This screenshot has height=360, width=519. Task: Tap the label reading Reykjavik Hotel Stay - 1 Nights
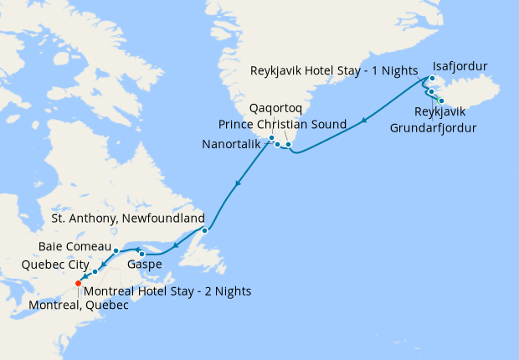click(x=336, y=72)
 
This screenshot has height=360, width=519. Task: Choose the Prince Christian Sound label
click(x=283, y=124)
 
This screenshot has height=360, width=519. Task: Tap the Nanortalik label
click(x=235, y=144)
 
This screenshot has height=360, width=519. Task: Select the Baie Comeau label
click(x=74, y=247)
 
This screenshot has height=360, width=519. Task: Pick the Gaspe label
click(x=144, y=265)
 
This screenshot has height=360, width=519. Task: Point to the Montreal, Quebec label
click(x=79, y=306)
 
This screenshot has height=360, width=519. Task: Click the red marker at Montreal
click(x=78, y=284)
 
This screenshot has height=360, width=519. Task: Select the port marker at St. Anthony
click(x=204, y=230)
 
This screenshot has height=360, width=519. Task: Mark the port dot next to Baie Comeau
click(x=116, y=250)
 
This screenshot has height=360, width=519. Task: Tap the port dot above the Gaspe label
click(x=143, y=254)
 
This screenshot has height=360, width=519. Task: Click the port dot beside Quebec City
click(x=95, y=271)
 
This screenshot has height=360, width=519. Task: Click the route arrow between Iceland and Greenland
click(x=364, y=123)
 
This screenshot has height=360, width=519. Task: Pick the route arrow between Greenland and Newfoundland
click(x=239, y=183)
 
